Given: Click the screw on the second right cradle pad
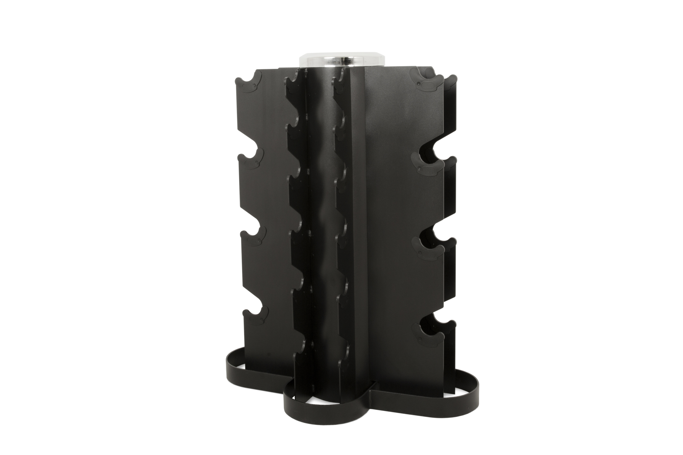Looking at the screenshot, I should point(419,169).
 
